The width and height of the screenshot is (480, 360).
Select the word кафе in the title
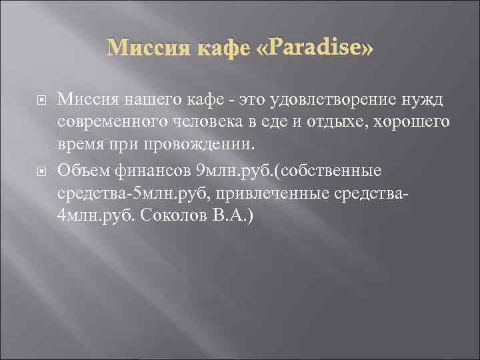(217, 49)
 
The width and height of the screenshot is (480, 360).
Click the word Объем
(79, 171)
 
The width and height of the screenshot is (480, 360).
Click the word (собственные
(327, 171)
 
